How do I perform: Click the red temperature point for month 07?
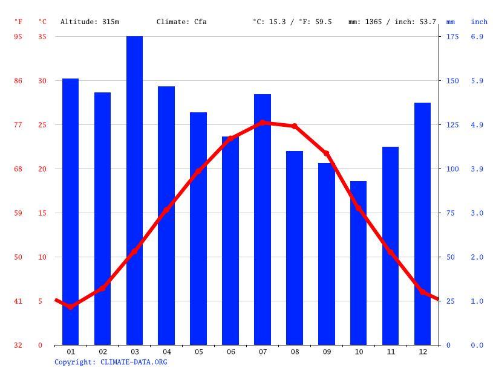coord(263,123)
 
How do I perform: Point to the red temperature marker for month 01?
coord(71,307)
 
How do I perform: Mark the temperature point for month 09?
coord(327,153)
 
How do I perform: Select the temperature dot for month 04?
coord(166,211)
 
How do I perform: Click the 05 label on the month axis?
coord(198,351)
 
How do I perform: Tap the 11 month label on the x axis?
coord(390,351)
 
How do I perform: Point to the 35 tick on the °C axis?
coord(42,36)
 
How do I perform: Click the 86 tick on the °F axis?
coord(18,80)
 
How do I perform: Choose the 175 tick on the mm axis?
coord(452,36)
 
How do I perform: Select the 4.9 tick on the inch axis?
coord(477,124)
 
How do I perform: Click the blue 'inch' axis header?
coord(479,22)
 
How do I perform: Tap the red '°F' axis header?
coord(18,22)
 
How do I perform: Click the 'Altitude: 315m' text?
coord(90,22)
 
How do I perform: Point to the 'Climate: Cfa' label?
coord(181,22)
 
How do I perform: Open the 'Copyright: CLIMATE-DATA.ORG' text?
coord(111,362)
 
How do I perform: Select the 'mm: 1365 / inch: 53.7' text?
coord(392,22)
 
